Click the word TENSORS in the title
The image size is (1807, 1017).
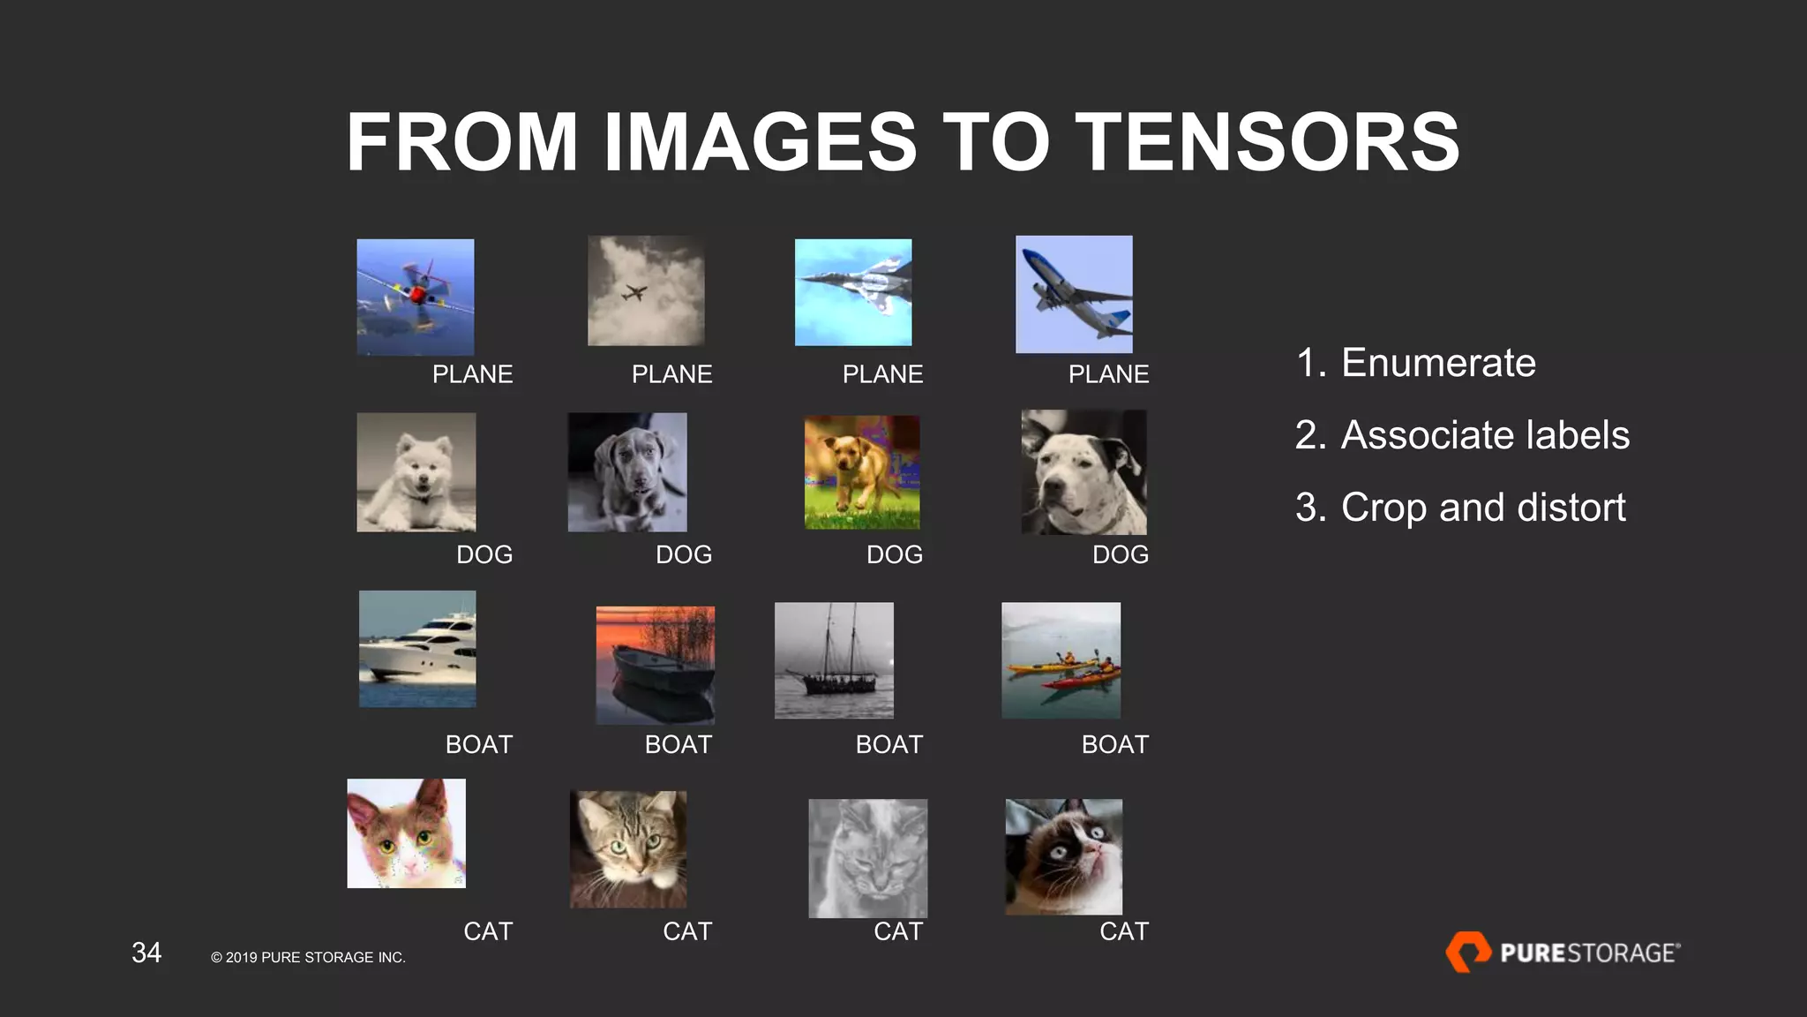pyautogui.click(x=1267, y=142)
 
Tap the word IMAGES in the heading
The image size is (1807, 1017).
pyautogui.click(x=760, y=142)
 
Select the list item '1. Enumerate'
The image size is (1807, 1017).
pyautogui.click(x=1416, y=363)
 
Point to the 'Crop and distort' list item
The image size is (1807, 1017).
pyautogui.click(x=1460, y=508)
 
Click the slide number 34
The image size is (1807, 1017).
pyautogui.click(x=146, y=953)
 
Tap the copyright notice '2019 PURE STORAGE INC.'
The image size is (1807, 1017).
pyautogui.click(x=309, y=958)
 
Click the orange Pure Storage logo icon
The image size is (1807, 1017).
pyautogui.click(x=1467, y=952)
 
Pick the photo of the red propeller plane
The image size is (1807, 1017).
pyautogui.click(x=416, y=298)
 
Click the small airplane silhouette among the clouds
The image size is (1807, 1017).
pyautogui.click(x=634, y=292)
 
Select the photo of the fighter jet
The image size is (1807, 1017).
pyautogui.click(x=853, y=292)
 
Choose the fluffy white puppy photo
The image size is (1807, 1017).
pyautogui.click(x=416, y=473)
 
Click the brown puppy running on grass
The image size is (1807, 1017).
pyautogui.click(x=862, y=472)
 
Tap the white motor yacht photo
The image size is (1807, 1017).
pyautogui.click(x=417, y=649)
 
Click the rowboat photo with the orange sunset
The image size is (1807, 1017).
pyautogui.click(x=656, y=665)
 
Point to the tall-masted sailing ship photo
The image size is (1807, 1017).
pyautogui.click(x=834, y=660)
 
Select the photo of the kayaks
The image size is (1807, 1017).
pyautogui.click(x=1061, y=660)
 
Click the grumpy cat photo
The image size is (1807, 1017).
pyautogui.click(x=1064, y=856)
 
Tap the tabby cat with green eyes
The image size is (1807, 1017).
pyautogui.click(x=628, y=849)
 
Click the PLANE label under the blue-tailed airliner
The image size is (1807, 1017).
pyautogui.click(x=1108, y=374)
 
